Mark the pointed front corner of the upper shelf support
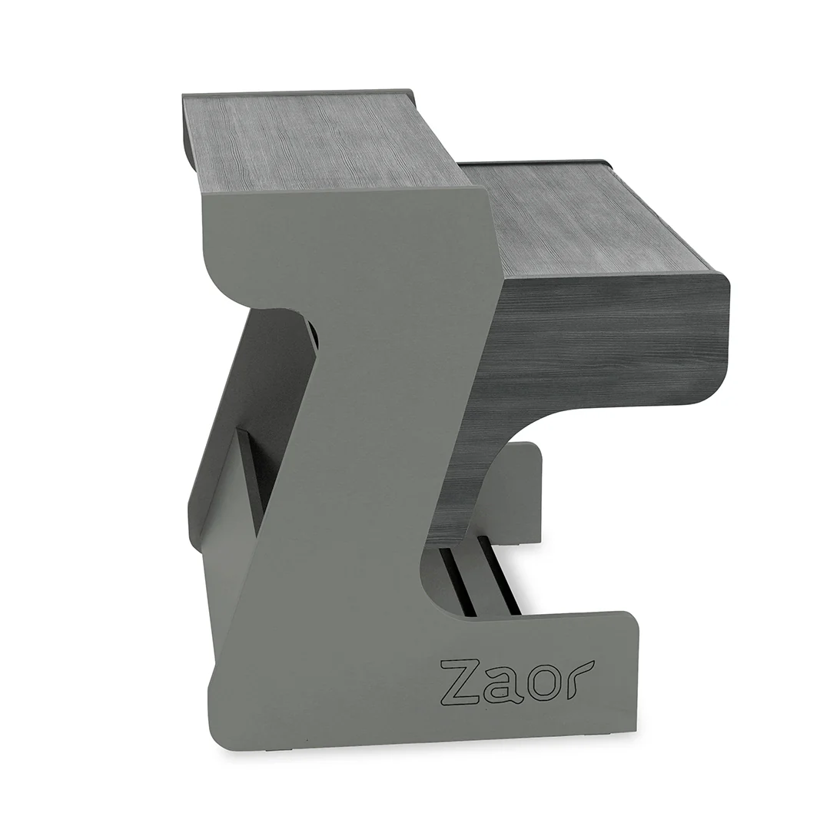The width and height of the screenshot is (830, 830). click(496, 196)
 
